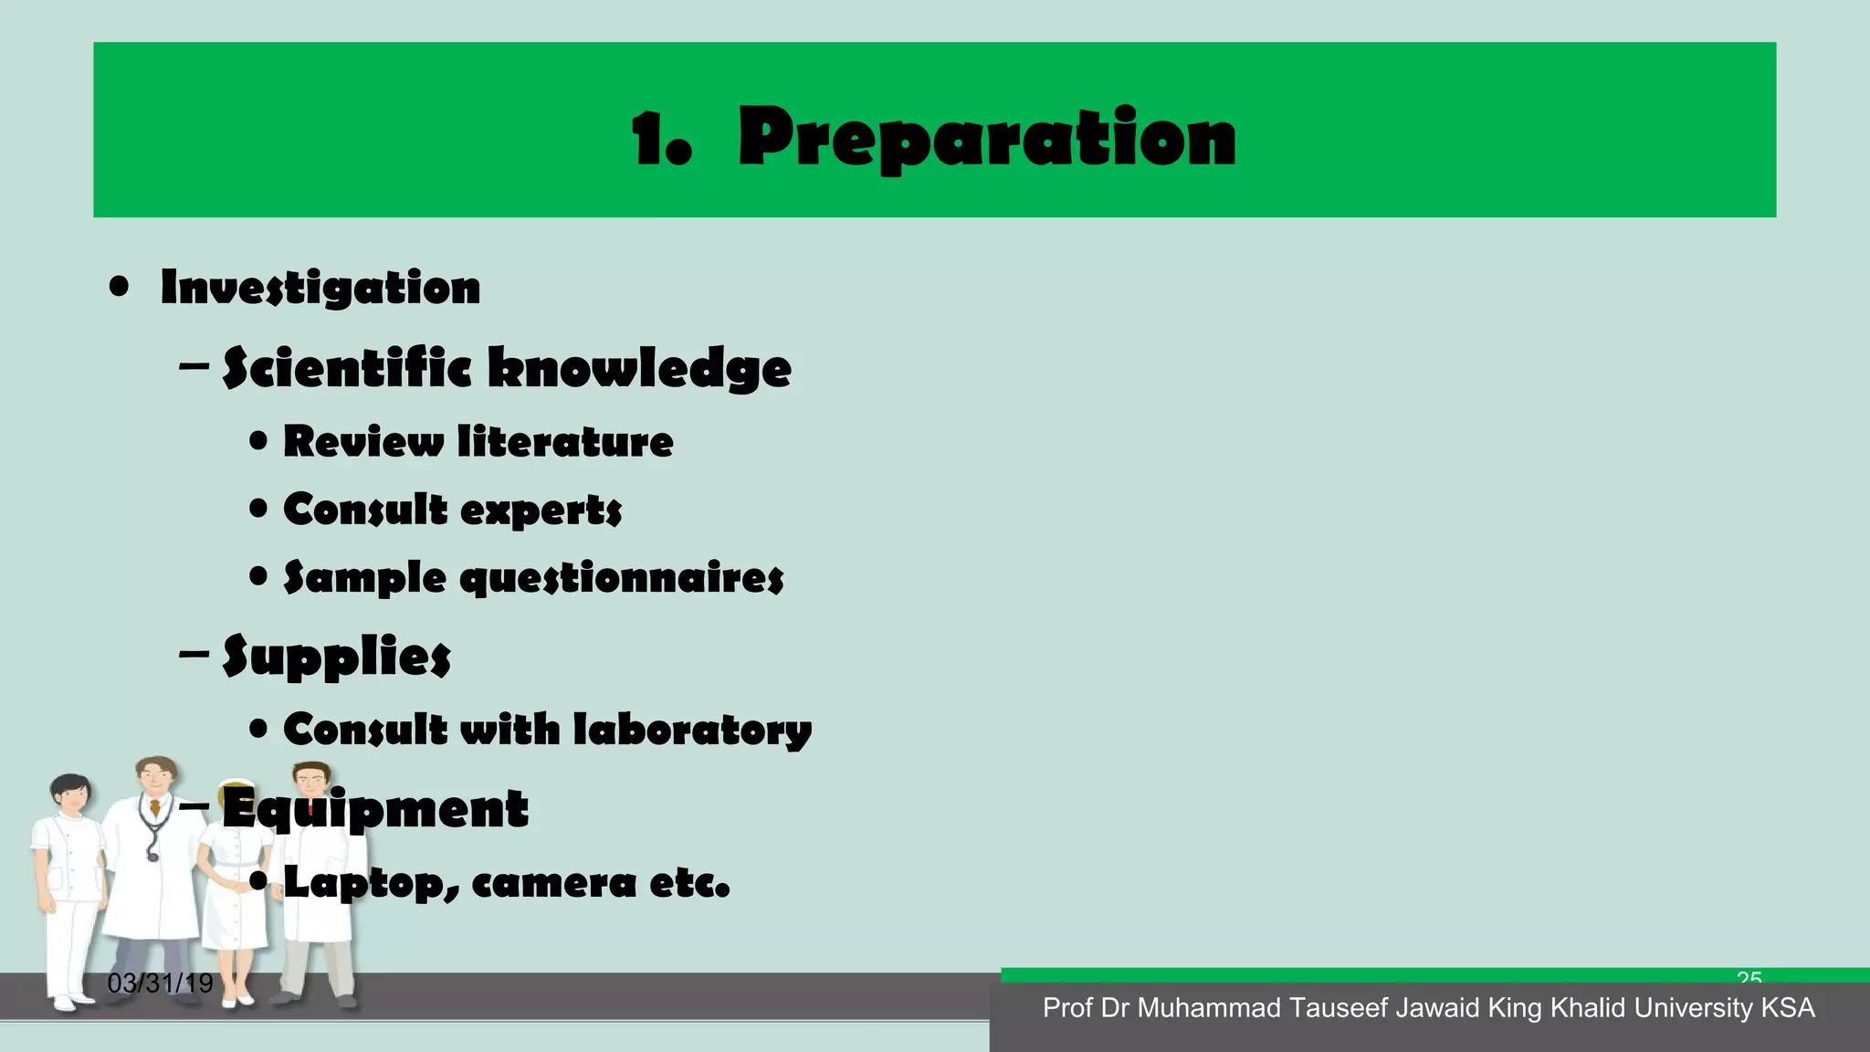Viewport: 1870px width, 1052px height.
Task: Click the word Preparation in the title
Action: click(987, 139)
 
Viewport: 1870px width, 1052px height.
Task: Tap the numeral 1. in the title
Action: click(661, 139)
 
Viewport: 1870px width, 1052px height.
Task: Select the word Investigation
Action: click(320, 289)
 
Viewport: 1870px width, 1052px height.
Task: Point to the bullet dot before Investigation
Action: click(119, 288)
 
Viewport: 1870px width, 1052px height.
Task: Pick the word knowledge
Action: click(639, 370)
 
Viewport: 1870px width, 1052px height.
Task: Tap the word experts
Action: click(541, 510)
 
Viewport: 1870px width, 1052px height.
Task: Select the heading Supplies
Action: click(337, 657)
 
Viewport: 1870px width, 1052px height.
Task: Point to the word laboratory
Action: click(692, 731)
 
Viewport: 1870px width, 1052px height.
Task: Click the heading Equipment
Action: click(375, 809)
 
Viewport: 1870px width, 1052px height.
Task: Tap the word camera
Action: click(554, 883)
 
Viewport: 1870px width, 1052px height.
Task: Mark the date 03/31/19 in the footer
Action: click(160, 984)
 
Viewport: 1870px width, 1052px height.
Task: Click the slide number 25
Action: click(1749, 978)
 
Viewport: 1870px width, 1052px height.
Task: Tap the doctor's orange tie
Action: click(156, 809)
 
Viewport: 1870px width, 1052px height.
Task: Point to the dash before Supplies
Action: click(194, 655)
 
